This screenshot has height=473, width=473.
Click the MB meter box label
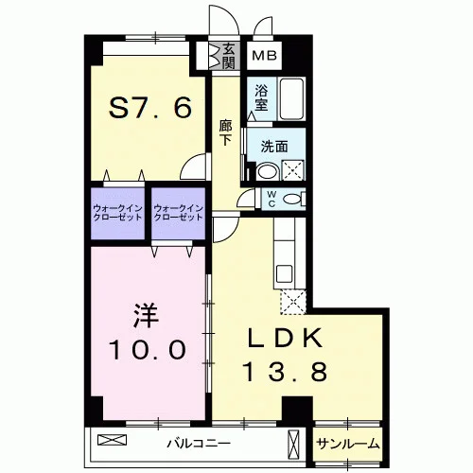point(265,56)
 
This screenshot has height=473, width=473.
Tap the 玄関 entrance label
point(228,56)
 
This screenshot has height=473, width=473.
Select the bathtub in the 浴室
point(292,98)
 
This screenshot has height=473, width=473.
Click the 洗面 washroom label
point(274,147)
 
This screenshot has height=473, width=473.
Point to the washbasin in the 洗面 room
point(268,171)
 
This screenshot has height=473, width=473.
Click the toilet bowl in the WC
point(292,199)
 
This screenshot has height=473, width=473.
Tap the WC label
point(272,199)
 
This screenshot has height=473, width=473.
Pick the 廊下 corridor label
point(225,132)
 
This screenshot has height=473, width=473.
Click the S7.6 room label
point(150,107)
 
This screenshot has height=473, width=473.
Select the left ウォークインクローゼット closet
point(117,213)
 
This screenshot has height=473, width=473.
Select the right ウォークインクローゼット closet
point(178,213)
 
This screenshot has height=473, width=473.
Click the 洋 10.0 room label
point(147,332)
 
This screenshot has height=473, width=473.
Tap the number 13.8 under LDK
point(286,371)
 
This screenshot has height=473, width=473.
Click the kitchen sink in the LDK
point(284,273)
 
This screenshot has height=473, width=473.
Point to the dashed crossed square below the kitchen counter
point(293,302)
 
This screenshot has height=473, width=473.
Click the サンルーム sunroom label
point(347,444)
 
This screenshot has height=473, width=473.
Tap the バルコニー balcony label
point(199,444)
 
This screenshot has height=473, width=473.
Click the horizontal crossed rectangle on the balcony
point(112,440)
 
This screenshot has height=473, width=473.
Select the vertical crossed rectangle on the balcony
point(293,444)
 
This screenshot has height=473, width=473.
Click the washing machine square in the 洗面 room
point(293,170)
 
